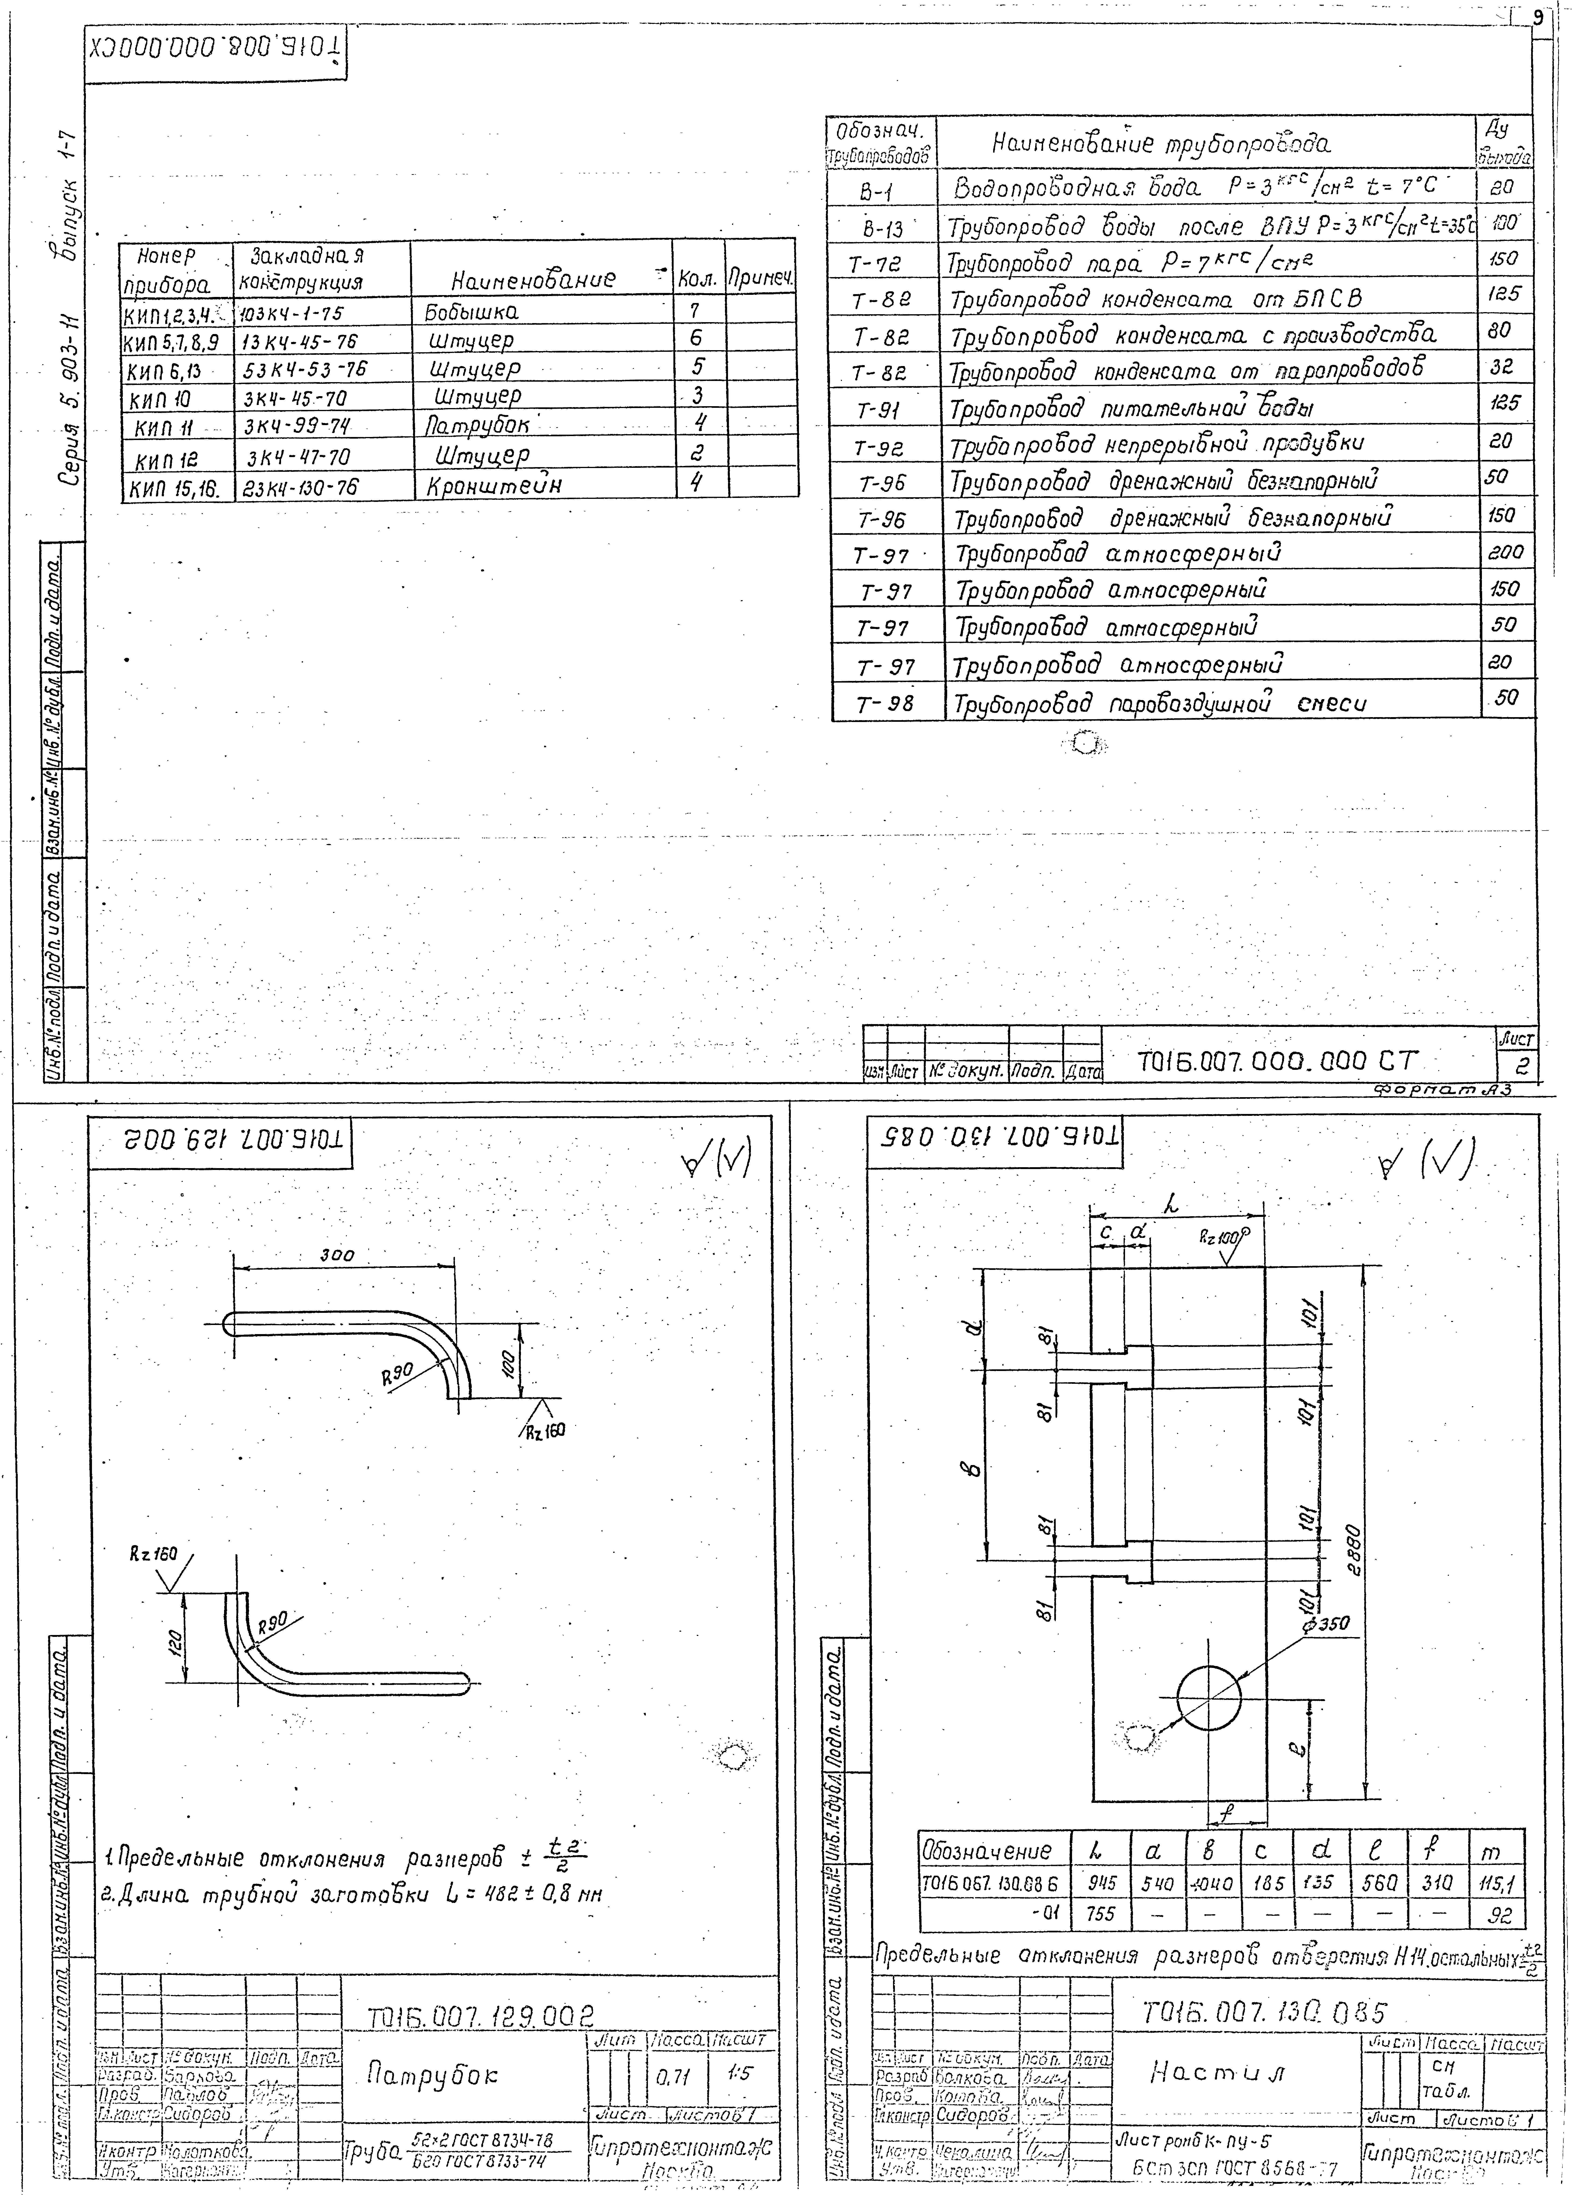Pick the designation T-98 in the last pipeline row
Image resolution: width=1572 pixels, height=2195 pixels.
click(x=885, y=705)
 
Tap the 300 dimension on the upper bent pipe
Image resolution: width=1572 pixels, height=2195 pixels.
click(x=337, y=1255)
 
